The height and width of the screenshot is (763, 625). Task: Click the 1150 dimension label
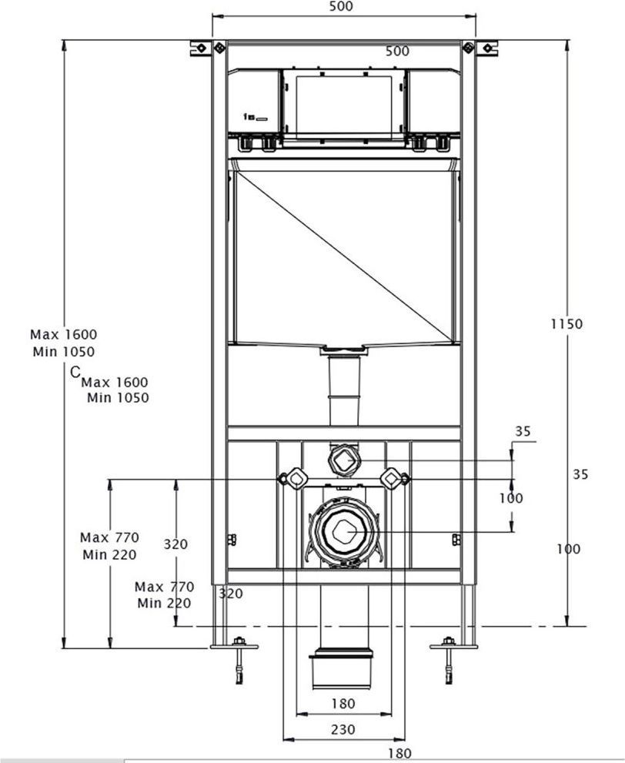(x=566, y=324)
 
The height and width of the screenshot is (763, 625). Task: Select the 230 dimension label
(x=343, y=729)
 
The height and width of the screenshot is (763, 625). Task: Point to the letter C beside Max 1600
(x=75, y=373)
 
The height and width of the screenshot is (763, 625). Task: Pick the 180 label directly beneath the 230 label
(x=399, y=754)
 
